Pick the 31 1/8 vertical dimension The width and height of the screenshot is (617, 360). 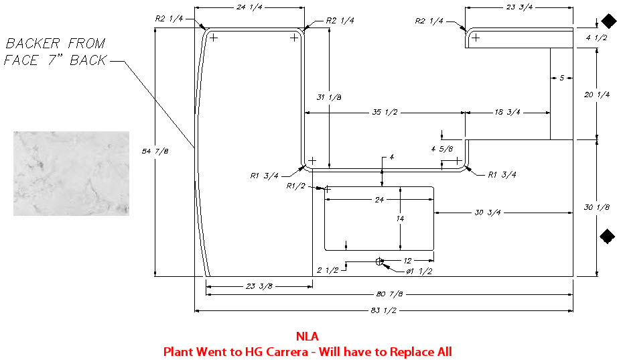(328, 97)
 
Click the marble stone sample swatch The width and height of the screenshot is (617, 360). (71, 173)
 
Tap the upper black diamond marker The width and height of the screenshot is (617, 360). (607, 23)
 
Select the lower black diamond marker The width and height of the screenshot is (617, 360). (607, 235)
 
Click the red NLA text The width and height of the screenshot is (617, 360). (307, 337)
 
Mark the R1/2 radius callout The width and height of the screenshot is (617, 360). (295, 185)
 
